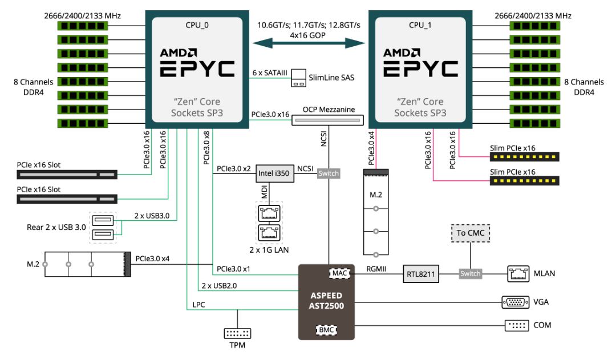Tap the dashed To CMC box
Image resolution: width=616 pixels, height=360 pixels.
[470, 233]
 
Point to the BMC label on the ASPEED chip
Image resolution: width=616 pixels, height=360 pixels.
[326, 329]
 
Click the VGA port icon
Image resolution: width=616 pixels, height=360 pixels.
[513, 302]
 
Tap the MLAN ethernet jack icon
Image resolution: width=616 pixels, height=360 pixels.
[517, 273]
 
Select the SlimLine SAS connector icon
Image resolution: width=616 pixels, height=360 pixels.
[298, 78]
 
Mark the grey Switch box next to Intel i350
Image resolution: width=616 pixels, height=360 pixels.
[328, 173]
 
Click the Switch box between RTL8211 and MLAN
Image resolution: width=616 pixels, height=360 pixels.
[471, 274]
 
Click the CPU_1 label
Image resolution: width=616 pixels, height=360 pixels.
[420, 25]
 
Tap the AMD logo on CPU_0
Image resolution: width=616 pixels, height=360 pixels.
[179, 52]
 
